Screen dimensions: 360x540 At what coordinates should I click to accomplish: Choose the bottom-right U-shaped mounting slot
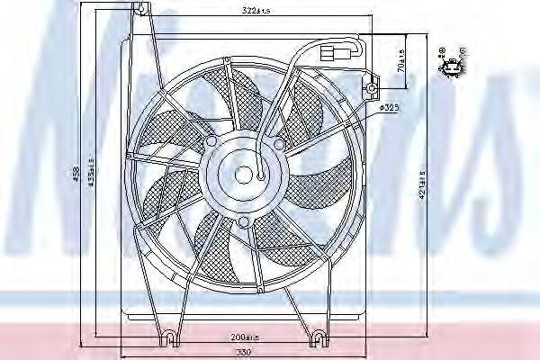click(x=317, y=337)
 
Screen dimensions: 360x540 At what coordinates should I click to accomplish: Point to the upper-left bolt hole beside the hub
click(x=211, y=142)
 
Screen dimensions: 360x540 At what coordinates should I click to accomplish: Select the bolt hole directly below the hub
click(x=243, y=221)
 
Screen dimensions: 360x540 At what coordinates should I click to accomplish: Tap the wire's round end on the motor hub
click(x=262, y=178)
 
